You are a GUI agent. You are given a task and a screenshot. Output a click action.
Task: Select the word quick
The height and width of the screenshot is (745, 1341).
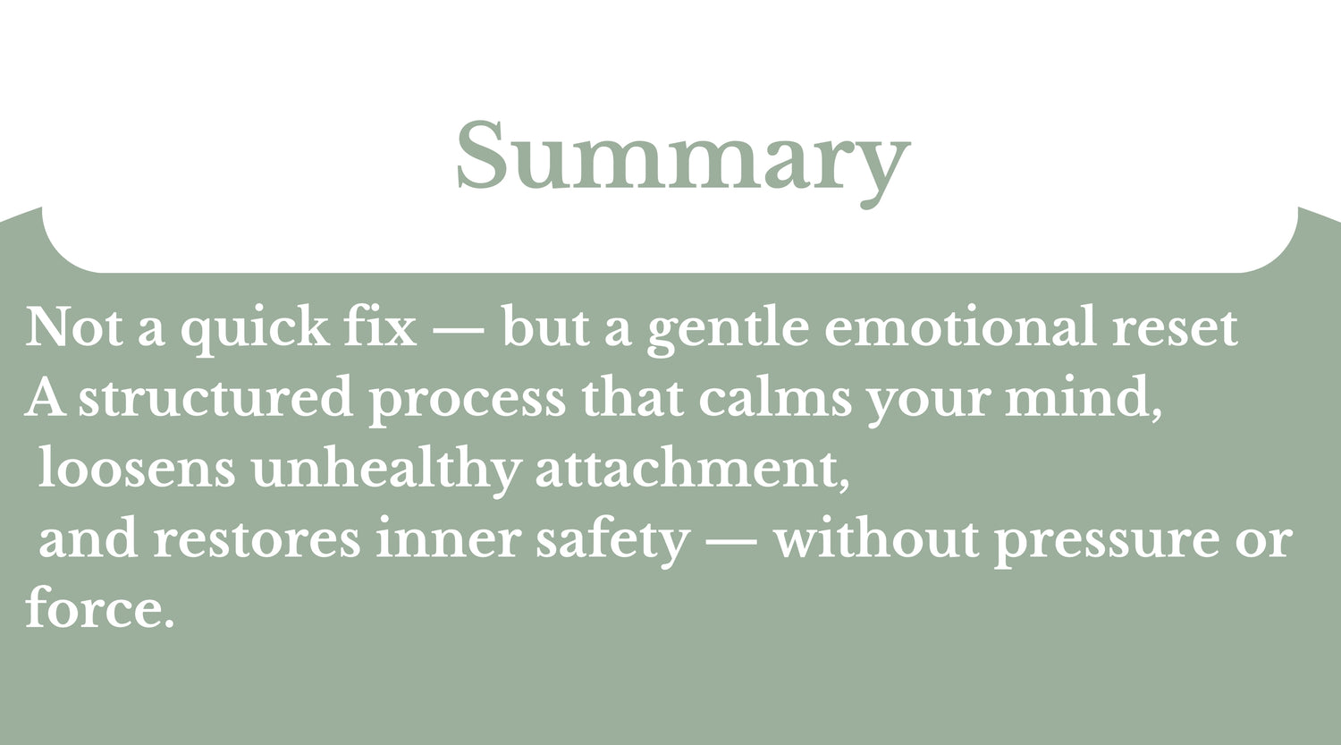(x=255, y=330)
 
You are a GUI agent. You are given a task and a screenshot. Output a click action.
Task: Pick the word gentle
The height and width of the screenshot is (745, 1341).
(x=728, y=330)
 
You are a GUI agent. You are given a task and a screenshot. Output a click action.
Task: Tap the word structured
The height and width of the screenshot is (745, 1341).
(x=215, y=396)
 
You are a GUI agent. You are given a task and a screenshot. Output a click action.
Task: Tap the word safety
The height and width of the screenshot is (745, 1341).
(x=613, y=539)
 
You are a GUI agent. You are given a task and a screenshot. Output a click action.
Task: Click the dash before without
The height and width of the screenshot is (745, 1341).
(x=732, y=539)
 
